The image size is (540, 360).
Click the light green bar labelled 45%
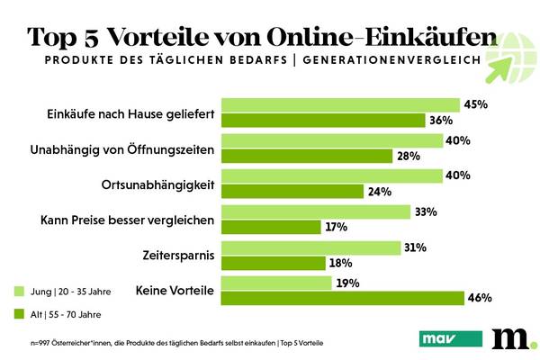(x=340, y=105)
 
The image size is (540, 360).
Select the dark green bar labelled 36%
(x=323, y=121)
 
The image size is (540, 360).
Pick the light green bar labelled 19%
(x=275, y=283)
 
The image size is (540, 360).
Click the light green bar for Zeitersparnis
(x=310, y=247)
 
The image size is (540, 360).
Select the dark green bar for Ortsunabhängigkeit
(x=292, y=192)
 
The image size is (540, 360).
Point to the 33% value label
(x=426, y=212)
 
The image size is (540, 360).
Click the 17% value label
(x=336, y=228)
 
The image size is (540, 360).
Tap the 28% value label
(x=408, y=157)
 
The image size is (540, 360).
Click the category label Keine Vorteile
(x=174, y=290)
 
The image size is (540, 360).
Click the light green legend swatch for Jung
(x=20, y=292)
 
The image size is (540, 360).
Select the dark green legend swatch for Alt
(x=20, y=314)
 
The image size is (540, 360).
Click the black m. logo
(x=513, y=337)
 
